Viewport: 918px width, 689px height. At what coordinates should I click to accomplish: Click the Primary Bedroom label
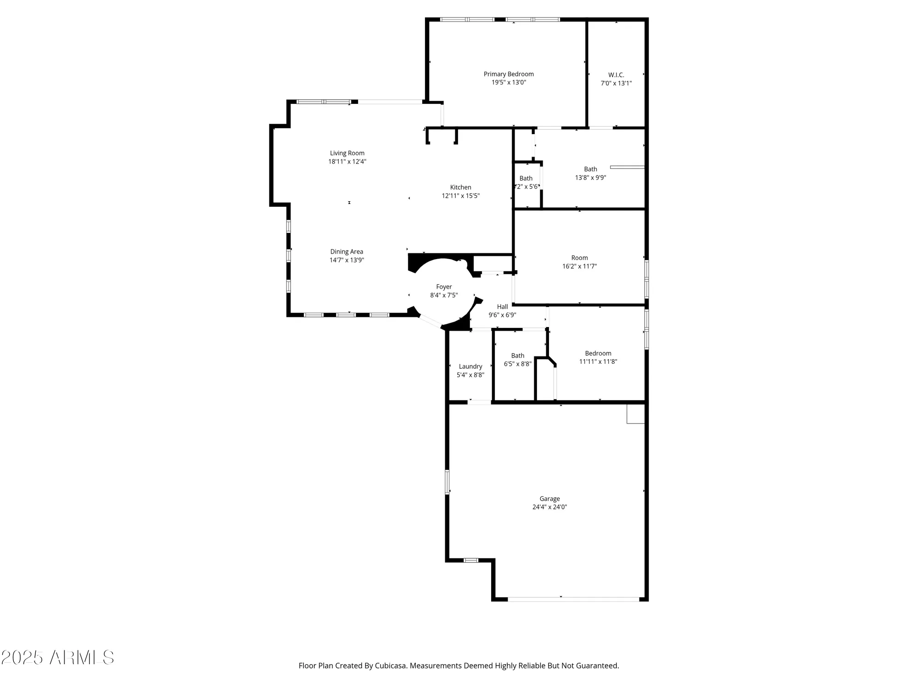coord(509,74)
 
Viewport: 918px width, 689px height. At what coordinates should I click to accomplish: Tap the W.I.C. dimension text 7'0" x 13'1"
coord(616,84)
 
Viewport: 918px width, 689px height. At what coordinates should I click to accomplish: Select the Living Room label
coord(347,153)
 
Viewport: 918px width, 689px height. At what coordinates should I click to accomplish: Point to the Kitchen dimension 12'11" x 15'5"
coord(460,196)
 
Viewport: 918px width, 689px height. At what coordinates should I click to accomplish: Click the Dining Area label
coord(347,252)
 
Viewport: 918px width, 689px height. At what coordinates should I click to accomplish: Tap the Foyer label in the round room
coord(444,287)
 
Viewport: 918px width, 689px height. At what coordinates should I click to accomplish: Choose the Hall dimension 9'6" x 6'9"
coord(502,315)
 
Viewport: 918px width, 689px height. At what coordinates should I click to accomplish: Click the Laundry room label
coord(470,367)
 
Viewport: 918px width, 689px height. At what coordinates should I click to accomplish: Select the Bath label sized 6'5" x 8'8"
coord(518,356)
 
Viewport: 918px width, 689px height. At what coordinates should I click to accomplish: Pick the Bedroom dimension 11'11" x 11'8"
coord(598,361)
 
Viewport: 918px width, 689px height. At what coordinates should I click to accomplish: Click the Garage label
coord(549,499)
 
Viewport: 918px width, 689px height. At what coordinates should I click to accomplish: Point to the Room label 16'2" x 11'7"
coord(579,258)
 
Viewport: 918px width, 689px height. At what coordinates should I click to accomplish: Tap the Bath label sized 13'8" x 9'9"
coord(590,169)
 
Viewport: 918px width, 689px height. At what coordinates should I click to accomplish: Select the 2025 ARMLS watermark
coord(57,658)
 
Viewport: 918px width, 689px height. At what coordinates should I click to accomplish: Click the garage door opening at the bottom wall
coord(573,599)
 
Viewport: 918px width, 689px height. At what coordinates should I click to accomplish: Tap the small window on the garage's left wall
coord(447,482)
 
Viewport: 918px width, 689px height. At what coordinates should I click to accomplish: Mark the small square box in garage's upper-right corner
coord(636,414)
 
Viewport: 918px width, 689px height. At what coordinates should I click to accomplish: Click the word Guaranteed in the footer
coord(596,666)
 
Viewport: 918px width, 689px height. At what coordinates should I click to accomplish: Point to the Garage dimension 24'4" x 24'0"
coord(549,507)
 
